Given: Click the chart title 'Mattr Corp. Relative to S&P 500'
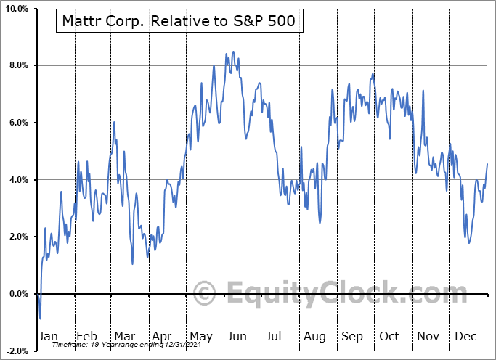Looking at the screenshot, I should click(x=179, y=21).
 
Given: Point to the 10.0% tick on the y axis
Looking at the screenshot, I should click(x=16, y=9).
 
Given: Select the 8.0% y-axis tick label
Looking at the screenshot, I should click(x=18, y=66).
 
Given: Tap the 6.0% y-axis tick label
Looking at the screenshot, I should click(x=18, y=123).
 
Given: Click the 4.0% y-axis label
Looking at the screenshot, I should click(x=18, y=180).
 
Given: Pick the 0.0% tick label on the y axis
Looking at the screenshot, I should click(x=18, y=294).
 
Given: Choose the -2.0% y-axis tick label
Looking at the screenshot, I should click(x=17, y=351).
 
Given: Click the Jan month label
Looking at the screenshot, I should click(x=47, y=336).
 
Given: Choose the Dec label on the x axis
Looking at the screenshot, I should click(x=465, y=336).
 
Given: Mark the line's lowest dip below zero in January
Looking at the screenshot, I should click(x=41, y=319).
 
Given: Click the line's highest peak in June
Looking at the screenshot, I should click(x=233, y=52).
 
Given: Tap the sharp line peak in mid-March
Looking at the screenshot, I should click(x=114, y=122).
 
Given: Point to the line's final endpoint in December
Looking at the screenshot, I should click(x=487, y=164).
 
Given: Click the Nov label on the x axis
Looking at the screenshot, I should click(x=428, y=336).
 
